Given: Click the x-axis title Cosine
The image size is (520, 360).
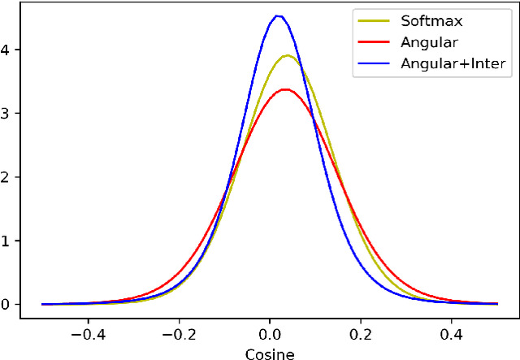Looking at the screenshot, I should [x=270, y=353].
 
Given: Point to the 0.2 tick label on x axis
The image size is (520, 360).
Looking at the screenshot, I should [x=361, y=333].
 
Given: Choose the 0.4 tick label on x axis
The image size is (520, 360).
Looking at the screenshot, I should [x=452, y=333].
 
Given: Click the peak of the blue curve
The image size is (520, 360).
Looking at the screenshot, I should [x=278, y=15].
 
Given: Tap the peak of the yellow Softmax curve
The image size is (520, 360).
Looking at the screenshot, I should [x=288, y=55].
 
